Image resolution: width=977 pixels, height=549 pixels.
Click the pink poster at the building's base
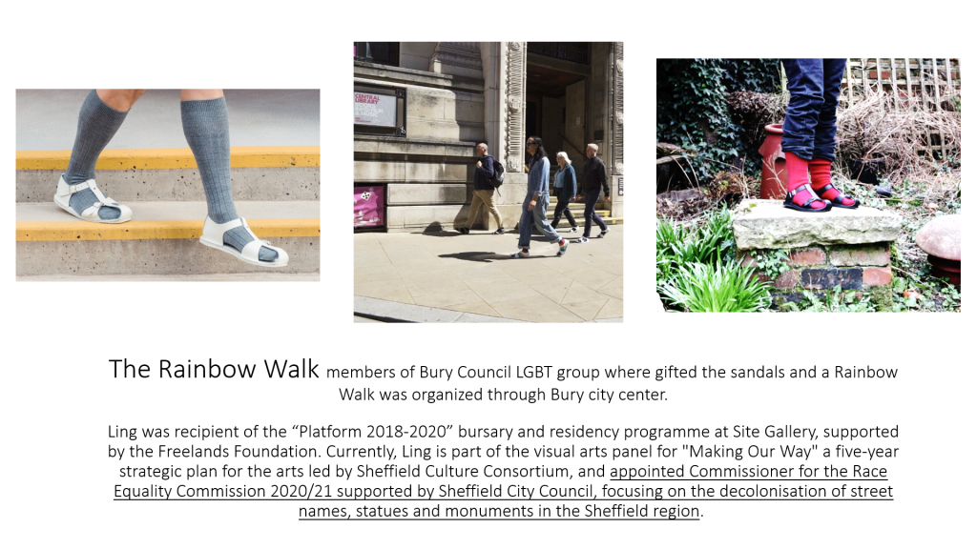pyautogui.click(x=369, y=206)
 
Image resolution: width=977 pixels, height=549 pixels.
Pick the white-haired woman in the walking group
pyautogui.click(x=564, y=191)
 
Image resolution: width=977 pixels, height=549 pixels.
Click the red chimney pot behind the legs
pyautogui.click(x=774, y=160)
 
